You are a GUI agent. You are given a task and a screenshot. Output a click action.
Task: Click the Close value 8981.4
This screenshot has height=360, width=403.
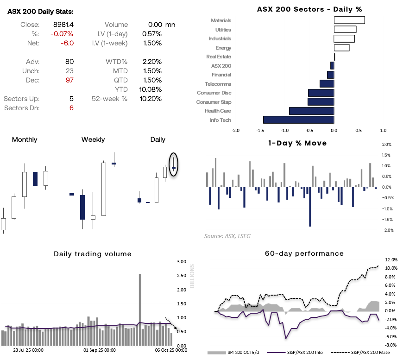click(64, 25)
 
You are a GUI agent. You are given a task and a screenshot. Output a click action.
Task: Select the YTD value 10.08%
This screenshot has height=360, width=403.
click(151, 89)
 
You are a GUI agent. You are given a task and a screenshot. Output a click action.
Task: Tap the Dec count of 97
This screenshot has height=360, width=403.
click(69, 80)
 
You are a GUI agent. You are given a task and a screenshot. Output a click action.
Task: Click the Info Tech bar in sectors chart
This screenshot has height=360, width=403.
click(298, 120)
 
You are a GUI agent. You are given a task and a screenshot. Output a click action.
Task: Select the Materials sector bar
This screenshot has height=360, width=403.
click(349, 20)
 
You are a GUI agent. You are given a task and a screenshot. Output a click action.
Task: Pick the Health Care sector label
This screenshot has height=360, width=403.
click(218, 111)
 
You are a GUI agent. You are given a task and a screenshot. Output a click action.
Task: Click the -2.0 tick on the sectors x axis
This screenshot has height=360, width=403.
click(235, 131)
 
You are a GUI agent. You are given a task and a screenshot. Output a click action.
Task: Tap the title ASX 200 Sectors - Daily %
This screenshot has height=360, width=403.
click(309, 9)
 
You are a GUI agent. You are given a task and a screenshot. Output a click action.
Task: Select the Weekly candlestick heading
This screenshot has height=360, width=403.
click(93, 139)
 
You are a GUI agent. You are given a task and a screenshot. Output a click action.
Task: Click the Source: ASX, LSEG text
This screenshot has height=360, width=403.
click(227, 236)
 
